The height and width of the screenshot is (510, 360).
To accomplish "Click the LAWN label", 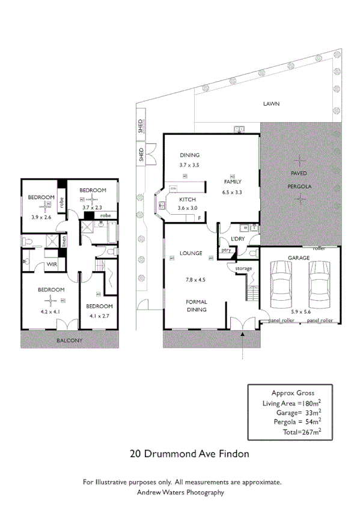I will point(271,103).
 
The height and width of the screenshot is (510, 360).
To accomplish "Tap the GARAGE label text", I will point(299,258).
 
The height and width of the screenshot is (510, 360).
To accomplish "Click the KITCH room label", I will point(187,199).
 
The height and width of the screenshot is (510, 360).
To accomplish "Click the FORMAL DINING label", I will point(196,306).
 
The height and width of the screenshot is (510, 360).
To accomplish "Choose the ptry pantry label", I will point(226,250).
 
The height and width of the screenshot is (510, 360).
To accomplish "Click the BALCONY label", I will point(69,341).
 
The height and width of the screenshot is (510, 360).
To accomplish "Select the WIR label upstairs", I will point(52,263).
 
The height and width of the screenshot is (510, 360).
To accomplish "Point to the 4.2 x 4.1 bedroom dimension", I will point(50,312).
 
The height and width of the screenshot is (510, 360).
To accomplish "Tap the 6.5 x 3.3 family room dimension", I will point(231,192).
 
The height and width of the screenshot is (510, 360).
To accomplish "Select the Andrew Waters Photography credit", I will point(180,492).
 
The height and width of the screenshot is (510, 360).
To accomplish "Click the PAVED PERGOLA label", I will point(299,179).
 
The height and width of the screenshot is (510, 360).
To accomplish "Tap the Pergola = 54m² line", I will point(296,422).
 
